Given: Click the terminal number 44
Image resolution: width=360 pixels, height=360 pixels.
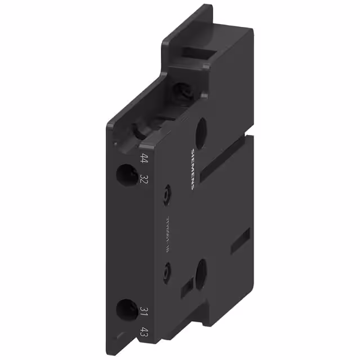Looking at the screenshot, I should tap(145, 159).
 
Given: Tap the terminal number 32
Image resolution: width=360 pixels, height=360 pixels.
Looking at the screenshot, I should tap(145, 179).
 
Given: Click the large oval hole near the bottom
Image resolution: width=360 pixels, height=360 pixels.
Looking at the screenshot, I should tap(200, 274).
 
